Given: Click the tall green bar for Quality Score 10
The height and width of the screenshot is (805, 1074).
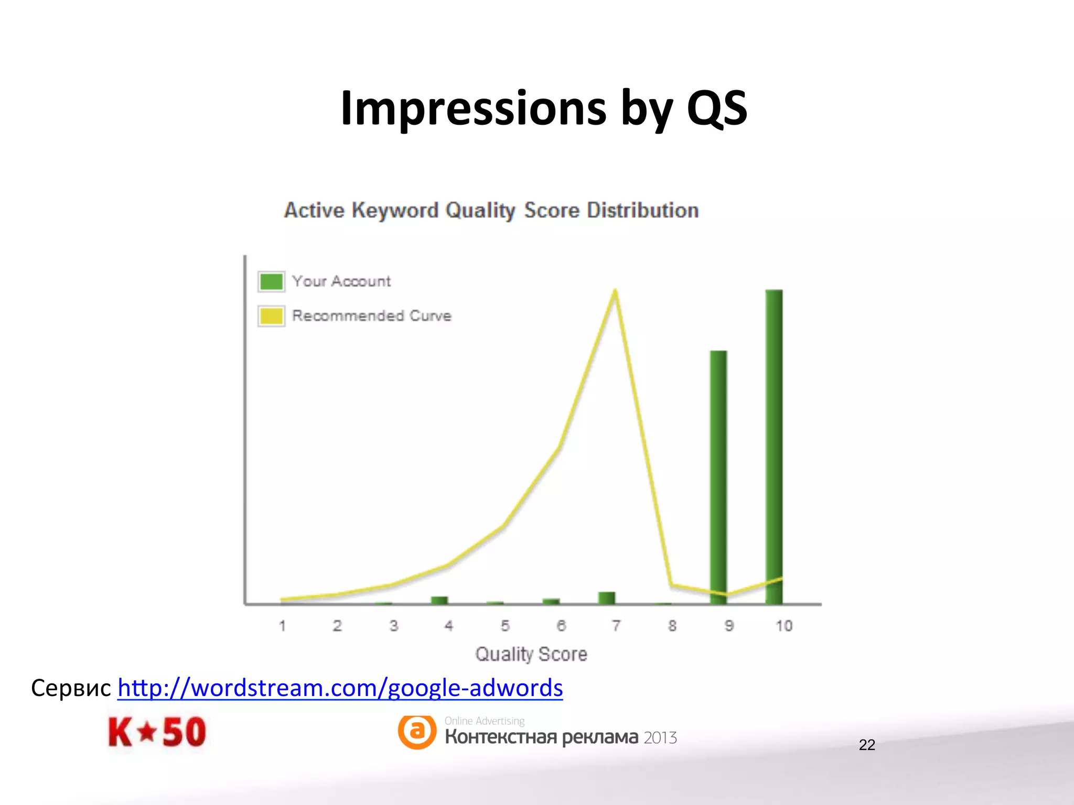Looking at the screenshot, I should pyautogui.click(x=774, y=445).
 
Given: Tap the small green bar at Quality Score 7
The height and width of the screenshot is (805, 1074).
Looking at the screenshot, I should pyautogui.click(x=607, y=597).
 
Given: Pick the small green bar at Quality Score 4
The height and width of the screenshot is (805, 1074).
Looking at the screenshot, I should pyautogui.click(x=439, y=600).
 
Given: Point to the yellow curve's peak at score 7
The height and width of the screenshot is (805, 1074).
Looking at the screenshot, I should pyautogui.click(x=615, y=291).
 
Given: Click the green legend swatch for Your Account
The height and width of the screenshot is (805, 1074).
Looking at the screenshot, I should pyautogui.click(x=271, y=281).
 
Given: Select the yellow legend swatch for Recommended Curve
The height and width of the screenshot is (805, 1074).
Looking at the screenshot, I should pyautogui.click(x=271, y=316).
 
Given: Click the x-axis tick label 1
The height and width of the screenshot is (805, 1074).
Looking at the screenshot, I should pyautogui.click(x=282, y=626).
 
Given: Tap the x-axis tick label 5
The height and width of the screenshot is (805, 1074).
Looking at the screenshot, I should pyautogui.click(x=505, y=626).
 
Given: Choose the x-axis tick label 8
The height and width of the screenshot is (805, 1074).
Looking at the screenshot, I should pyautogui.click(x=672, y=626).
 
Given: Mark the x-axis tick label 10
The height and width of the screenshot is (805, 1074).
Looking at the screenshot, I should pyautogui.click(x=784, y=626).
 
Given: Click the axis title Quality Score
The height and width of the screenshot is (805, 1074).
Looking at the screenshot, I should pyautogui.click(x=531, y=654).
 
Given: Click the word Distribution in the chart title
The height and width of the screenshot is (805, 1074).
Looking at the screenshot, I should pyautogui.click(x=642, y=211).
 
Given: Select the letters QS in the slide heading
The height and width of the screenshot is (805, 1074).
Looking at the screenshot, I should pyautogui.click(x=716, y=108).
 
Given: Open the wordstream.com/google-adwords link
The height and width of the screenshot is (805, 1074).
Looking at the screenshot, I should pyautogui.click(x=340, y=688).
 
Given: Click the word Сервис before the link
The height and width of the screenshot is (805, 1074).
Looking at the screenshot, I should pyautogui.click(x=71, y=688).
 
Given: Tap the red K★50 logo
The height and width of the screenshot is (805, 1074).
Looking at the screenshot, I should pyautogui.click(x=157, y=732).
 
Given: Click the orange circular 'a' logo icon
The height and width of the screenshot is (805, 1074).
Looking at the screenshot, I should pyautogui.click(x=417, y=731).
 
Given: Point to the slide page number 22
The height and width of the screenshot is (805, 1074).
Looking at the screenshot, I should pyautogui.click(x=867, y=745).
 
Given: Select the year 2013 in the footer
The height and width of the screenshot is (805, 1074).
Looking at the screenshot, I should pyautogui.click(x=660, y=738).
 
